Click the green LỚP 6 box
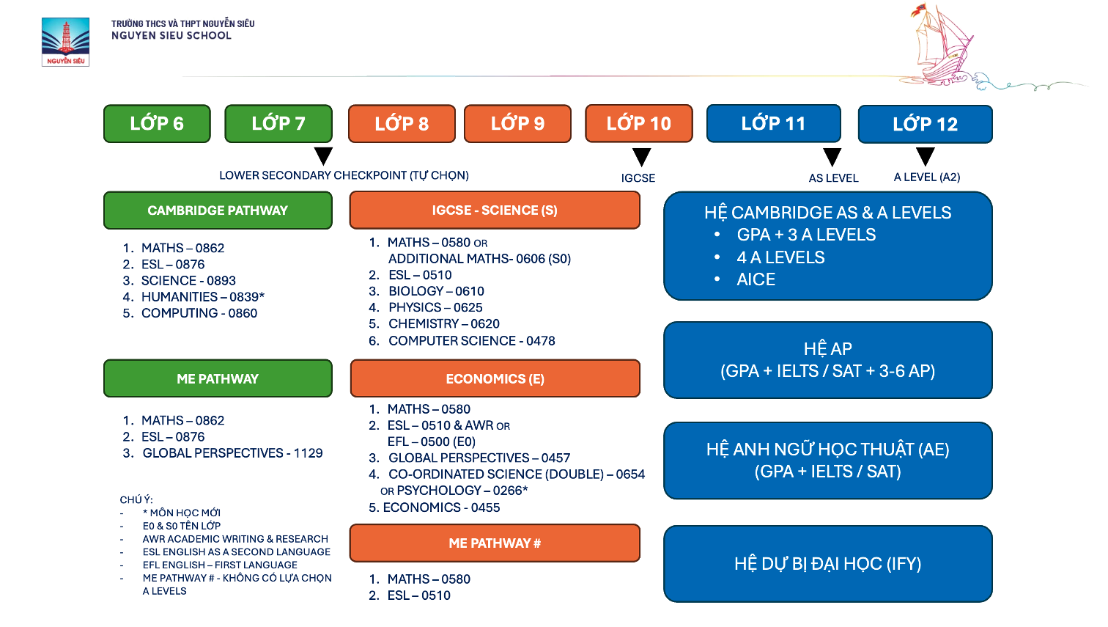tap(157, 123)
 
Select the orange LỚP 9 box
tap(517, 123)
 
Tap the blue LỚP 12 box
tap(925, 124)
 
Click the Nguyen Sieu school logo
tap(65, 42)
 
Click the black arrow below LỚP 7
tap(323, 155)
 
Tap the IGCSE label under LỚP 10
tap(638, 178)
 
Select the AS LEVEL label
tap(833, 178)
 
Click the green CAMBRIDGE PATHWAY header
tap(218, 210)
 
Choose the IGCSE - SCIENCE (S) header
tap(495, 210)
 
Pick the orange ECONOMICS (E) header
tap(495, 378)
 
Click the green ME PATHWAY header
tap(218, 378)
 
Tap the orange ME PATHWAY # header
tap(495, 543)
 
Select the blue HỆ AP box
tap(827, 360)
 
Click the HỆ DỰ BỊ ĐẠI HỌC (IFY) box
tap(827, 563)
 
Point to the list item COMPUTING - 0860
tap(199, 313)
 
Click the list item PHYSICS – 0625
tap(435, 307)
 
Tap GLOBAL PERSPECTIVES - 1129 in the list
tap(232, 453)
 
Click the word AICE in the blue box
tap(756, 279)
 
